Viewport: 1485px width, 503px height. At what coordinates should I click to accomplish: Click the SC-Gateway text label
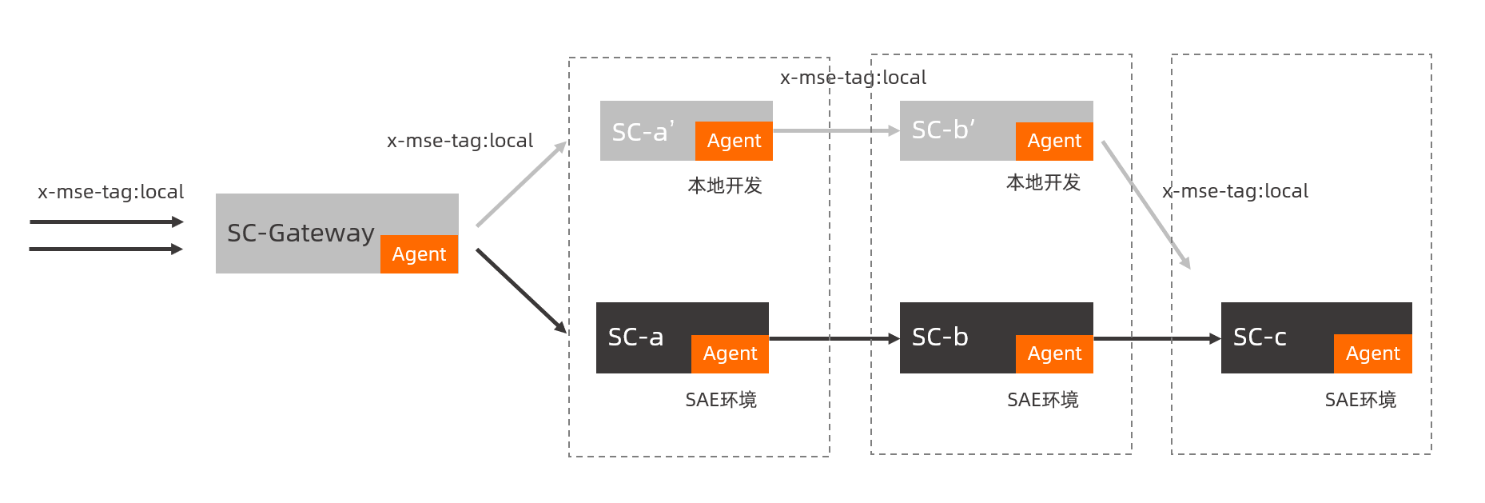301,233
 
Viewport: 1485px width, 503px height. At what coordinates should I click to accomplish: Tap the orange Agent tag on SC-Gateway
419,254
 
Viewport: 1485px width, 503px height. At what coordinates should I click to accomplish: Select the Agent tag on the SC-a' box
734,141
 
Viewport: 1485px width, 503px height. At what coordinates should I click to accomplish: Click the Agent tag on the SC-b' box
1054,141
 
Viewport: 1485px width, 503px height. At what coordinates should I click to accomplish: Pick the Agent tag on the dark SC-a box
730,353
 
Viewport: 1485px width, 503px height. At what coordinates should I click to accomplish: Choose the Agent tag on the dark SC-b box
1054,353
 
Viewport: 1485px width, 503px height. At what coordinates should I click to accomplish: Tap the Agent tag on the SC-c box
1372,353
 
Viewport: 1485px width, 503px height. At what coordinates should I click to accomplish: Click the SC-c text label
1260,337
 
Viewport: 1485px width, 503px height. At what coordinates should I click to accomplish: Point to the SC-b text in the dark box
940,337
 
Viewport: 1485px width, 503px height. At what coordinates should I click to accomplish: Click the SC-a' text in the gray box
643,131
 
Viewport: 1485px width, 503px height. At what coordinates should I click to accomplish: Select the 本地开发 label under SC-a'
725,186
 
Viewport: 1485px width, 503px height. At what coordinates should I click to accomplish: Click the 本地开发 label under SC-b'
1043,182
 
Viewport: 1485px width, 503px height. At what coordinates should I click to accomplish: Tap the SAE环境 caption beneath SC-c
1360,400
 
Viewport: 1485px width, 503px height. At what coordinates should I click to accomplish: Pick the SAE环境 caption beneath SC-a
721,400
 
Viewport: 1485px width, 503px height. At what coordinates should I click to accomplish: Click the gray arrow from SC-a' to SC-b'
835,130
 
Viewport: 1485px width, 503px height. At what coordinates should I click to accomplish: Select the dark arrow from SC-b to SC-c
1156,338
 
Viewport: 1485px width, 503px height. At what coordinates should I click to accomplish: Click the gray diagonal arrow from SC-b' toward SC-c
1145,204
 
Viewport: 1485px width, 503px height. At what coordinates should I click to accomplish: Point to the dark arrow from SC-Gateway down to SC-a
520,290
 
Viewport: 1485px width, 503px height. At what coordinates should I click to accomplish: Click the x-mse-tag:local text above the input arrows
111,192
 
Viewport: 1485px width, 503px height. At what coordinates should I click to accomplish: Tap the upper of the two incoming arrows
106,222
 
